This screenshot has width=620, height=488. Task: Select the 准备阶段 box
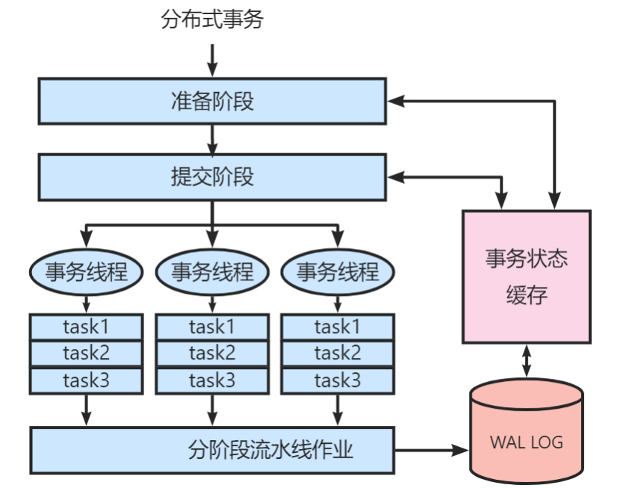click(212, 100)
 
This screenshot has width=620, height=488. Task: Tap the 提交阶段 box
click(212, 177)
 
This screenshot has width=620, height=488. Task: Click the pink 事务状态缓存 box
click(527, 276)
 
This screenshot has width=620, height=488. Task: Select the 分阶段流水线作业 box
click(212, 450)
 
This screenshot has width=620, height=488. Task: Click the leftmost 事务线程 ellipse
click(86, 271)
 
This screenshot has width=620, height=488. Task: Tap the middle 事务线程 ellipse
click(212, 271)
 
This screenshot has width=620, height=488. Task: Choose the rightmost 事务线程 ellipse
click(337, 271)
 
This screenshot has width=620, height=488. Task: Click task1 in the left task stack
click(86, 327)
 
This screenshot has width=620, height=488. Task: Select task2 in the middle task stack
click(212, 353)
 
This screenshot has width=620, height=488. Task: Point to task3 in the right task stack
click(337, 380)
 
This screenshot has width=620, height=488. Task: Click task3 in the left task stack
click(86, 380)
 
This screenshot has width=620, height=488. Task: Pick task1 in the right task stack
click(337, 327)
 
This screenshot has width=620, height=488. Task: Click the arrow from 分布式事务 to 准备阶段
click(212, 60)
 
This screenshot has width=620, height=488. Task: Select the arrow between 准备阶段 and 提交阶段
click(212, 138)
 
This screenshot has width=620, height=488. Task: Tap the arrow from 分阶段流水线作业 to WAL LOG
click(430, 451)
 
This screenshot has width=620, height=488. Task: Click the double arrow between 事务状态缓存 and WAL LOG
click(527, 361)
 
